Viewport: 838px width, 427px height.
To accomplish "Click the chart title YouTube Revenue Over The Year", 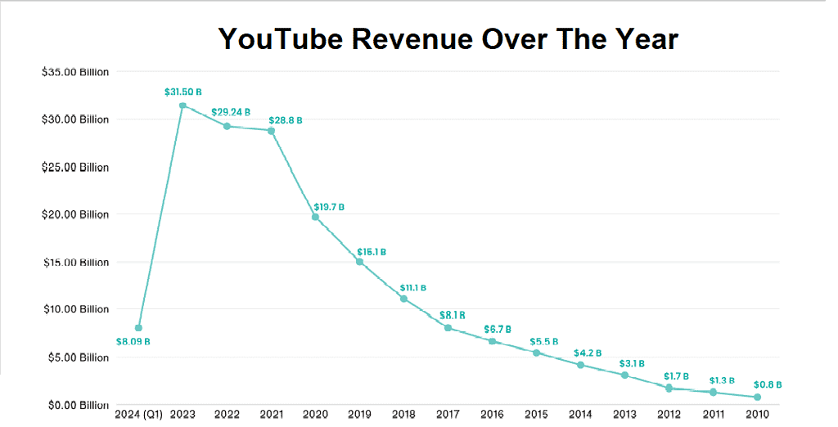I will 448,38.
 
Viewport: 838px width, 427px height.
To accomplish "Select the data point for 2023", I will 182,105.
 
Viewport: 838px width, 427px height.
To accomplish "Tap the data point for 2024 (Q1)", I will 138,328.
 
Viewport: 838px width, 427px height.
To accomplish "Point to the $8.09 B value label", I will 133,342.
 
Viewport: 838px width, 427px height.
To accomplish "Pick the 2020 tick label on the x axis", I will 315,415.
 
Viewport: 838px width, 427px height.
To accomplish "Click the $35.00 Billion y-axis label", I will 74,72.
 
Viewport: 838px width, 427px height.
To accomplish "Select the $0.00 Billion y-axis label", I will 74,405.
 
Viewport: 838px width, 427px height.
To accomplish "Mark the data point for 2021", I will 271,131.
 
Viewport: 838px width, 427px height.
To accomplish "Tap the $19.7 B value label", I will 329,207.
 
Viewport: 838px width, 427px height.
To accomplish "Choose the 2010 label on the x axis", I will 757,415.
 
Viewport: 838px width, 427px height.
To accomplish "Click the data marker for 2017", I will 448,327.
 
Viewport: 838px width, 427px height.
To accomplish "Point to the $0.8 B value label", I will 768,384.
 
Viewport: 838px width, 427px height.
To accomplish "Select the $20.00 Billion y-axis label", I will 74,214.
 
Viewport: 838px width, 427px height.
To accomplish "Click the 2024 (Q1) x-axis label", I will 139,415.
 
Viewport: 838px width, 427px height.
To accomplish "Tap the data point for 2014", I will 580,365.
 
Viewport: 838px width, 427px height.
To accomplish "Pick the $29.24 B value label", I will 231,112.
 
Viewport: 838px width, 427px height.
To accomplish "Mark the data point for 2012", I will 669,388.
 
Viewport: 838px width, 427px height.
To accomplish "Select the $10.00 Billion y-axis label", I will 74,309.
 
